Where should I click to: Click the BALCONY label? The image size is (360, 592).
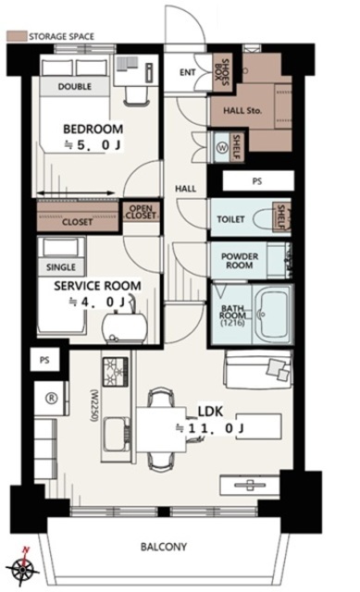164,547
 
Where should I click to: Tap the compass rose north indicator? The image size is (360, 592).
23,567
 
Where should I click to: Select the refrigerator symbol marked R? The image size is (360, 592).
52,398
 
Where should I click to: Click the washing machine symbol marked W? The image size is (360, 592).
222,148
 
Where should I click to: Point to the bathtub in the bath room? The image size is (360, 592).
271,314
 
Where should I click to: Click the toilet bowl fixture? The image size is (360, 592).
264,218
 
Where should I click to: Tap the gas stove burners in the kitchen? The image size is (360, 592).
116,372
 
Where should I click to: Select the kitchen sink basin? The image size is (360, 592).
115,435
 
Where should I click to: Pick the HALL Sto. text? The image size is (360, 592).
242,111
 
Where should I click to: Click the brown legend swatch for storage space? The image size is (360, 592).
17,36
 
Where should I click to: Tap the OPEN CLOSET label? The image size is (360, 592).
141,212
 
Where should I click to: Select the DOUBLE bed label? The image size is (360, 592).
74,86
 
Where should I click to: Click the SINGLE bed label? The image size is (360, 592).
61,267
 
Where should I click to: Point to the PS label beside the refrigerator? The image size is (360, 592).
44,360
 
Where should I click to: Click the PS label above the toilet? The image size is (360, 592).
257,181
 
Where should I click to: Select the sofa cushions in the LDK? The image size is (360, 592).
279,369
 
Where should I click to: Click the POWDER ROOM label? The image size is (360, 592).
240,261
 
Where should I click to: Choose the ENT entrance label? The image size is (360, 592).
187,72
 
